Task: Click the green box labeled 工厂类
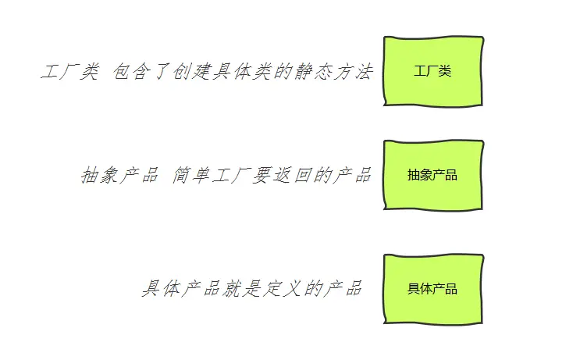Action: (x=433, y=71)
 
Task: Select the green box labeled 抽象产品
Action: (x=433, y=175)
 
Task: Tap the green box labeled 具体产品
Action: (x=433, y=289)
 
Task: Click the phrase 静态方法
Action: (x=339, y=73)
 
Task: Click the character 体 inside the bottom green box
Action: (x=426, y=289)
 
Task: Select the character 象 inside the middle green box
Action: (x=426, y=175)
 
